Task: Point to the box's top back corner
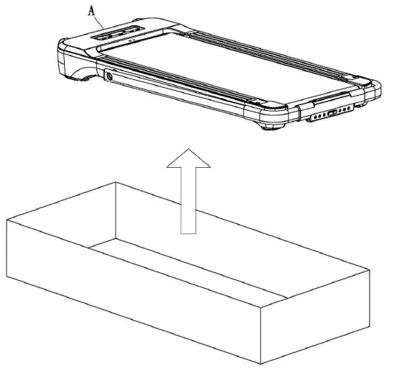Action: (x=116, y=183)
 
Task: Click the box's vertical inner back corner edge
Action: (x=116, y=209)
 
